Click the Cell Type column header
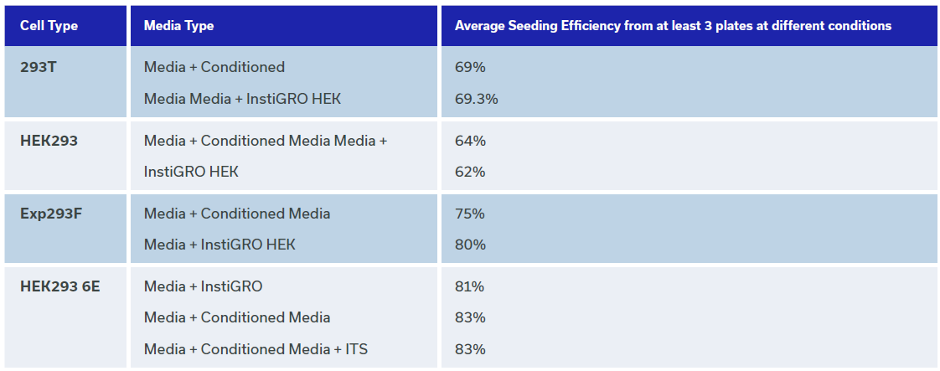[49, 26]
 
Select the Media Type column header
[178, 26]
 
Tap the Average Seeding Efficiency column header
[673, 26]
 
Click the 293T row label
[39, 67]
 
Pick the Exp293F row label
[51, 214]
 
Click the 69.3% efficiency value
[476, 99]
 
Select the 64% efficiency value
[469, 141]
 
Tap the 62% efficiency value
[469, 172]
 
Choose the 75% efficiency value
[469, 214]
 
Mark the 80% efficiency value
[469, 245]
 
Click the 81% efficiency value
[469, 286]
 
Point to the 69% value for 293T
[469, 67]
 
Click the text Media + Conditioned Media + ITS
[256, 348]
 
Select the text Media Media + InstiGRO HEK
[242, 99]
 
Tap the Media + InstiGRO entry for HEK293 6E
[204, 286]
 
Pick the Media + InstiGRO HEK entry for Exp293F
[220, 245]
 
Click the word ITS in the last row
[357, 348]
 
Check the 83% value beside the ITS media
[469, 348]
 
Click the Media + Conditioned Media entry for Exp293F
[237, 214]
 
